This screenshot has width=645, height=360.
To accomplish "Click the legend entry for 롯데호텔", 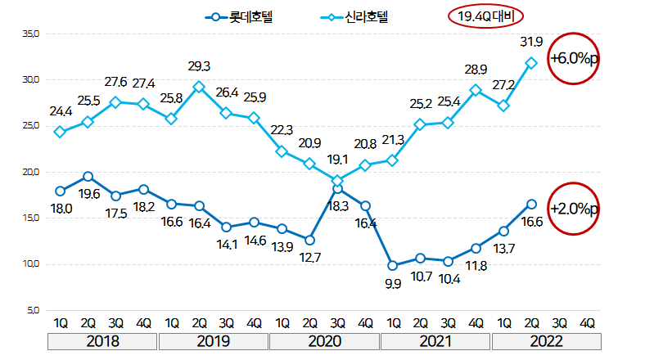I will click(x=241, y=16).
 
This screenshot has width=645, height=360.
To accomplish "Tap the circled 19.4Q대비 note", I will click(x=485, y=16).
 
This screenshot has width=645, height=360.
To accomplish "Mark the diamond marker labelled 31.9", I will click(x=531, y=62).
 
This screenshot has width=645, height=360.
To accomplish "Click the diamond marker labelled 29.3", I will click(x=199, y=87).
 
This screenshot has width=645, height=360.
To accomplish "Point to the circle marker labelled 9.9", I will click(x=393, y=265).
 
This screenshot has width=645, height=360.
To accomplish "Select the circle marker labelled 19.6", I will click(x=88, y=176).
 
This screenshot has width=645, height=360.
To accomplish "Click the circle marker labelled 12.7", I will click(x=309, y=240).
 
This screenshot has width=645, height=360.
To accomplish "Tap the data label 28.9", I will click(x=476, y=71).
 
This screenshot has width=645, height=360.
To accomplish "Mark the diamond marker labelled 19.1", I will click(x=337, y=181).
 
